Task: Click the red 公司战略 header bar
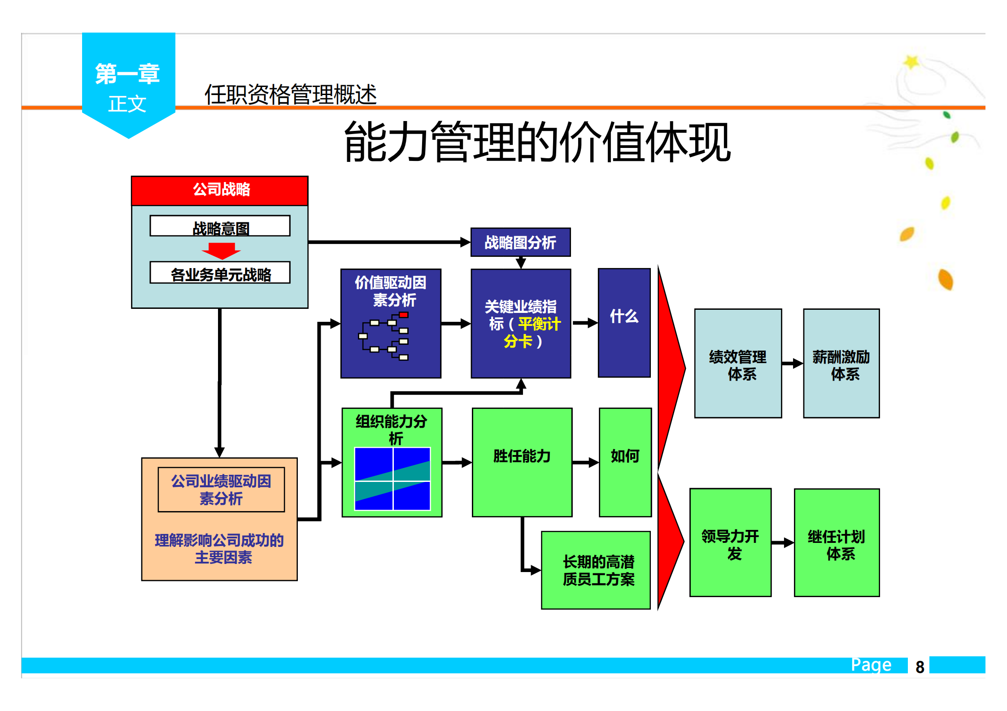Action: click(x=219, y=191)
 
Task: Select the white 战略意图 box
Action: click(x=220, y=226)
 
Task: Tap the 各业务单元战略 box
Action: click(x=220, y=273)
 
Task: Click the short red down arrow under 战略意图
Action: click(x=221, y=251)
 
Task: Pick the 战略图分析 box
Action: click(x=520, y=242)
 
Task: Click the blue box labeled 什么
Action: click(x=624, y=323)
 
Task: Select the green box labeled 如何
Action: click(x=625, y=462)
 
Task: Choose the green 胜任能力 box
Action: click(x=522, y=462)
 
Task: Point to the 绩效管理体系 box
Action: click(x=738, y=364)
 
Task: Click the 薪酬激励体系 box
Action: click(x=841, y=364)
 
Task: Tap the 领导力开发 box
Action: click(x=730, y=542)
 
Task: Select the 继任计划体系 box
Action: click(x=837, y=542)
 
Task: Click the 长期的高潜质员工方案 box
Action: click(x=596, y=570)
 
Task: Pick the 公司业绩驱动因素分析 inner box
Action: click(x=221, y=490)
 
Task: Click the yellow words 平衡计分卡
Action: click(x=534, y=332)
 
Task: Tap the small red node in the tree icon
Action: click(x=403, y=315)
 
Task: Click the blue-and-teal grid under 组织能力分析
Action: click(x=392, y=479)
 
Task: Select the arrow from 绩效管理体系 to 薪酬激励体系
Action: click(x=792, y=364)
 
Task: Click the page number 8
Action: click(x=920, y=667)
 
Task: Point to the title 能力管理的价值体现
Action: click(x=537, y=143)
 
